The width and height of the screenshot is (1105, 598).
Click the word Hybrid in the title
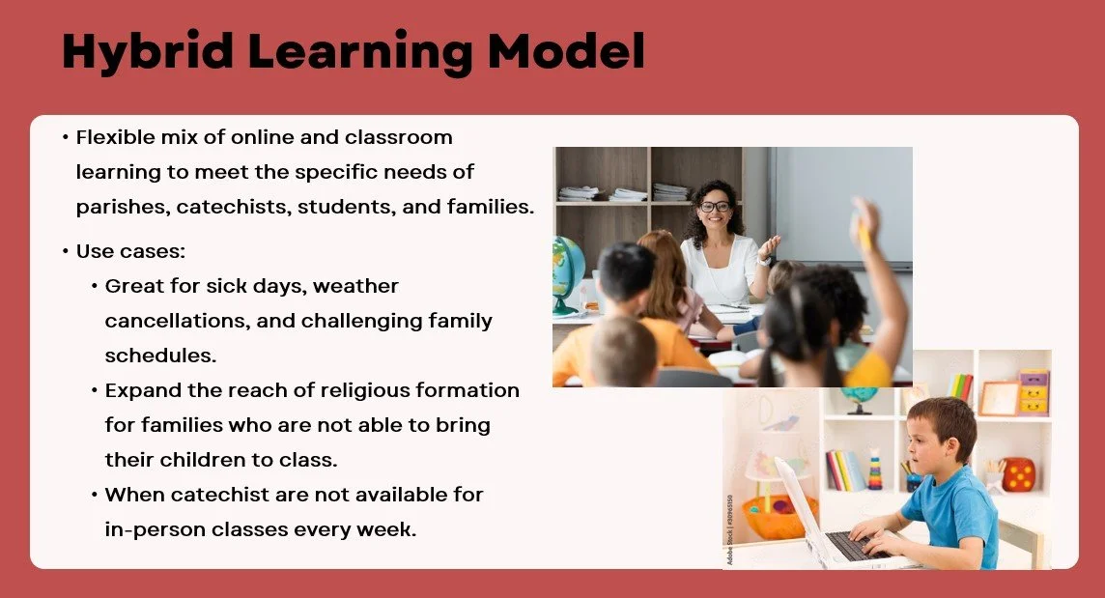click(146, 51)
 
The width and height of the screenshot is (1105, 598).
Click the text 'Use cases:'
click(130, 251)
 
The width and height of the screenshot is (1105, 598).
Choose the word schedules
click(160, 356)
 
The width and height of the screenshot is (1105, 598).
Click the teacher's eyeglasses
click(716, 206)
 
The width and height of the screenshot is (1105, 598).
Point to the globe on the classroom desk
click(568, 274)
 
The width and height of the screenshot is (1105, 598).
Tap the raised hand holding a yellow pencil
click(864, 221)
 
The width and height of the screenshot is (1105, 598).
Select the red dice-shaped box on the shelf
click(1019, 473)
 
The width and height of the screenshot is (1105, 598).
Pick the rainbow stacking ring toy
click(875, 469)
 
